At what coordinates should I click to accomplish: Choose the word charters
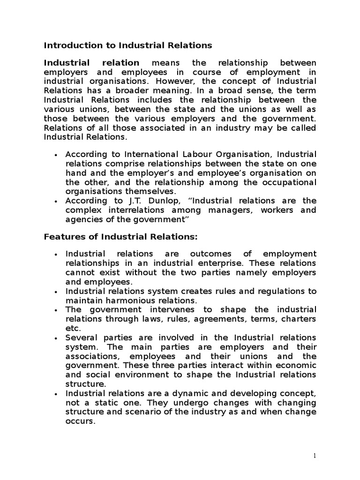pyautogui.click(x=298, y=319)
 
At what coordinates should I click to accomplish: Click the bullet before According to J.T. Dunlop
pyautogui.click(x=56, y=201)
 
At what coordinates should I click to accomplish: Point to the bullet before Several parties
pyautogui.click(x=56, y=338)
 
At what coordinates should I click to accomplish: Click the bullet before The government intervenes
pyautogui.click(x=56, y=310)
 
